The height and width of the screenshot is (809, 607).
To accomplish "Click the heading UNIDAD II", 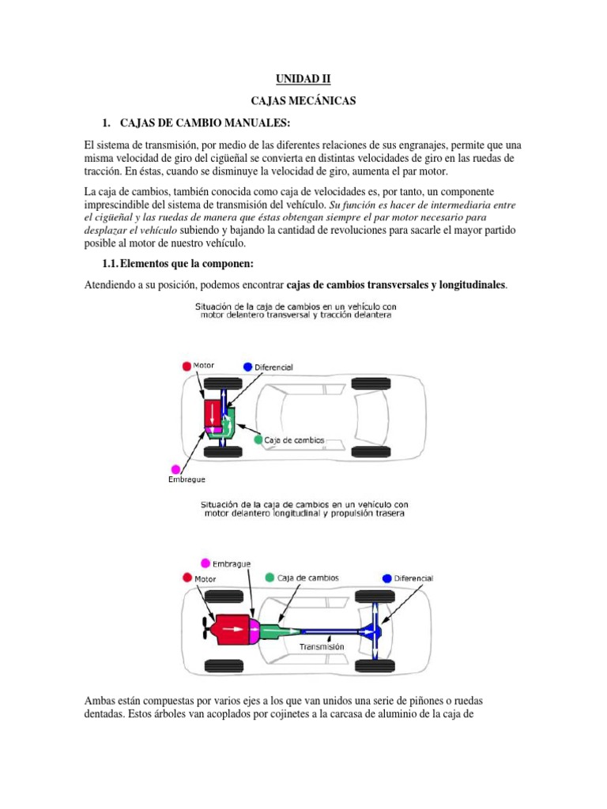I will (303, 79).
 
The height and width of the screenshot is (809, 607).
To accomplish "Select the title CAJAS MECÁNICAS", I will (303, 102).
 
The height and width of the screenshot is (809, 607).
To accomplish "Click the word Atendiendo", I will (111, 284).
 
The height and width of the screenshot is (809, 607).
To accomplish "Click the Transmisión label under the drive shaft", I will (322, 646).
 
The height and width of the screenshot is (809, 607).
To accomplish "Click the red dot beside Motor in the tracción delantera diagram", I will (187, 366).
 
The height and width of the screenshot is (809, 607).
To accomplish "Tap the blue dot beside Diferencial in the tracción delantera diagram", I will (248, 367).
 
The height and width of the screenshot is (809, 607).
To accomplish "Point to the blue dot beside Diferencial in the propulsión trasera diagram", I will (387, 578).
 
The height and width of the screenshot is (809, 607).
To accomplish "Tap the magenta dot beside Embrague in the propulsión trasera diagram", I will (206, 563).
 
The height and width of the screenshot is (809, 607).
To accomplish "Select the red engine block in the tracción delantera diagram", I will (213, 413).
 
